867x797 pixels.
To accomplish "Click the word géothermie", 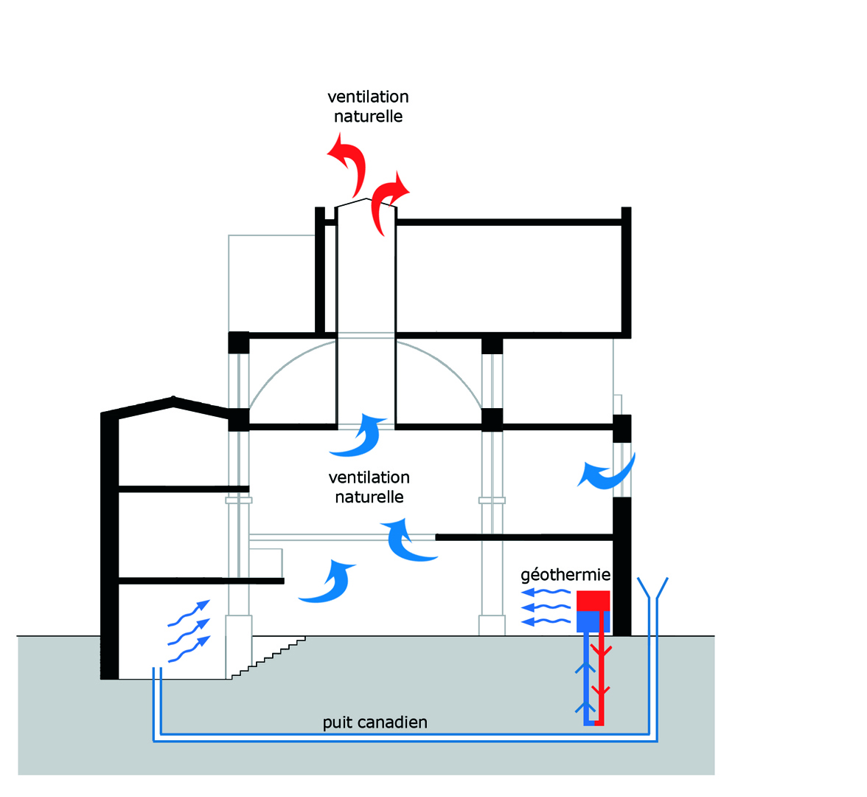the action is tap(565, 576).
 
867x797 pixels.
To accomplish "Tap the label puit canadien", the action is tap(375, 722).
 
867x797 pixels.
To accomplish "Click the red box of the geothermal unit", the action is tap(593, 601).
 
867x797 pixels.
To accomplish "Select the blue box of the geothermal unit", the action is tap(593, 621).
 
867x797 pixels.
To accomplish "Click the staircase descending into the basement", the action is tap(268, 658).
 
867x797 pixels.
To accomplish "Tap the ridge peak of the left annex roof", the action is tap(174, 398).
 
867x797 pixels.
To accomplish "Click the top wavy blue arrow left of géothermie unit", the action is tap(546, 592).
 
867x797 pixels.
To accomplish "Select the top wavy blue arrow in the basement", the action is tap(189, 613).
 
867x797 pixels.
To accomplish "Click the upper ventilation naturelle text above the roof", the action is tap(369, 106).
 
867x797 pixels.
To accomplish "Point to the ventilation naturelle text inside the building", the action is tap(369, 487).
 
